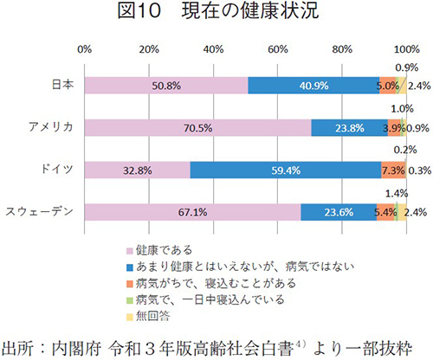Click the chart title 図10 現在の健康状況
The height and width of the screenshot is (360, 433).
(216, 15)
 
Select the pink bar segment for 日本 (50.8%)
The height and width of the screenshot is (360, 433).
(166, 86)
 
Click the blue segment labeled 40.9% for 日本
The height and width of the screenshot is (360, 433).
(313, 86)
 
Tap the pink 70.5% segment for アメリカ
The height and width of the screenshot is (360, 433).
(197, 128)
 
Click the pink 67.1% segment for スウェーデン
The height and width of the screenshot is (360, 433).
(192, 212)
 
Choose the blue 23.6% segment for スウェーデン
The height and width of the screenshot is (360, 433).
(339, 212)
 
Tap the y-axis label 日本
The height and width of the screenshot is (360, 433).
(61, 86)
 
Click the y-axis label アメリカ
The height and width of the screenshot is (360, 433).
(50, 128)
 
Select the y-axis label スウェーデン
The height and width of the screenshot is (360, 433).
(40, 212)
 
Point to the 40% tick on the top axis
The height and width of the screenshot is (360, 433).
(213, 48)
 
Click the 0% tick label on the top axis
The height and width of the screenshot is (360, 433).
(85, 48)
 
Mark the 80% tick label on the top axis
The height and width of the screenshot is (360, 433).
(342, 48)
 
